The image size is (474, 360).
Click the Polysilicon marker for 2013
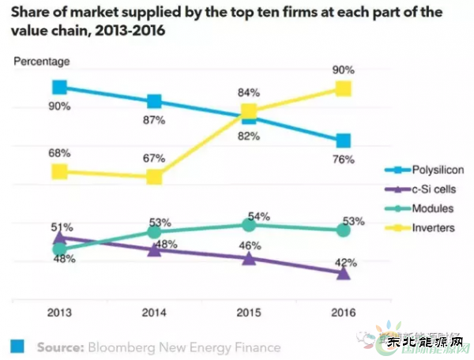coord(59,88)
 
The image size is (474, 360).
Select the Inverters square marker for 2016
coord(343,88)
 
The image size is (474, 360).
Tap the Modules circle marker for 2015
coord(249,225)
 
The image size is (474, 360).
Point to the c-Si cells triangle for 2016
coord(343,273)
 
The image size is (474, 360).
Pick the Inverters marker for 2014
coord(154,176)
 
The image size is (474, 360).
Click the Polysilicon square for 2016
coord(343,141)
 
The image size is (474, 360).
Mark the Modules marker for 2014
coord(154,231)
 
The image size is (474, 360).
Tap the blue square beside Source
coord(17,347)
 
